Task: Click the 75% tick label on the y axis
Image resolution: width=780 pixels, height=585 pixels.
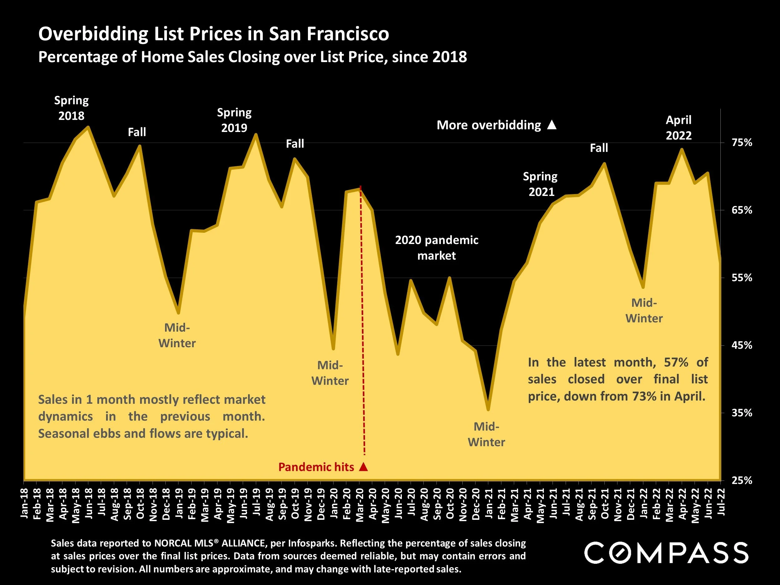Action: click(x=742, y=143)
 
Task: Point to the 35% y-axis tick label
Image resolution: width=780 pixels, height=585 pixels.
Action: click(x=742, y=413)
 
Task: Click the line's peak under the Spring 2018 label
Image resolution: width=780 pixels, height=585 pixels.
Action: click(x=88, y=127)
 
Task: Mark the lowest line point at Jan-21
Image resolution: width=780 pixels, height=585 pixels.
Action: click(x=488, y=409)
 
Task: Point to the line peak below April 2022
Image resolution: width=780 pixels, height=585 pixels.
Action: click(x=682, y=149)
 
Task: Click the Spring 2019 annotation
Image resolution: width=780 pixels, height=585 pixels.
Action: click(x=234, y=120)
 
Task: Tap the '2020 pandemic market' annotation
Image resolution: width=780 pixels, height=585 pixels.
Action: click(x=436, y=247)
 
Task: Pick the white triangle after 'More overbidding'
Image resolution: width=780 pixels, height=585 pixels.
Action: click(x=552, y=125)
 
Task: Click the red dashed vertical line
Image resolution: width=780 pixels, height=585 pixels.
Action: click(x=362, y=317)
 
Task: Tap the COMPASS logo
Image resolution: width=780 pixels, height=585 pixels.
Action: click(x=666, y=553)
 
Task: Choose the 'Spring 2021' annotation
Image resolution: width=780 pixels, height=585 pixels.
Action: click(x=540, y=184)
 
